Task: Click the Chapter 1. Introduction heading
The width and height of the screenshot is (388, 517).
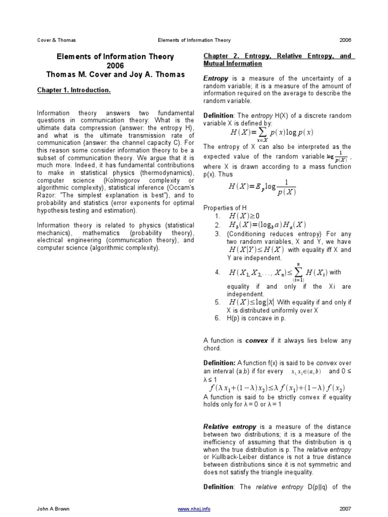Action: point(74,90)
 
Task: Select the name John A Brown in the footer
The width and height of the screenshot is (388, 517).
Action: point(53,509)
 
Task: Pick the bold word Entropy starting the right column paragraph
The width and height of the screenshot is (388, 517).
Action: point(216,79)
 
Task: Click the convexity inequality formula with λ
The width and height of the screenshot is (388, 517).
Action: point(277,388)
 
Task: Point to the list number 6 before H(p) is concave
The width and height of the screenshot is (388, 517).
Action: point(217,319)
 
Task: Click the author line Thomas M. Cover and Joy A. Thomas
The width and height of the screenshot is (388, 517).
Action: point(115,75)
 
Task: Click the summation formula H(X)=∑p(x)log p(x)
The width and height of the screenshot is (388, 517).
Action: point(271,134)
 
